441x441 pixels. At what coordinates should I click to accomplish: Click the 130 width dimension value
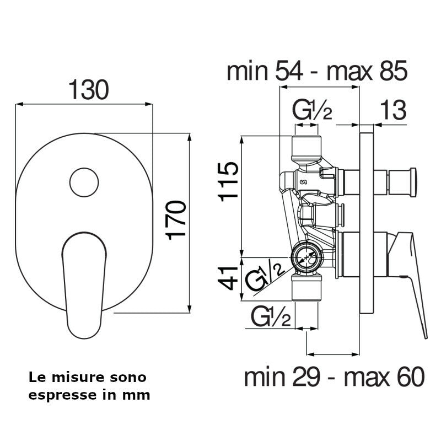[89, 90]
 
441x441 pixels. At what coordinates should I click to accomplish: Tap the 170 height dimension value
[176, 220]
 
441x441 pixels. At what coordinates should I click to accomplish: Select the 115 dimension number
[228, 182]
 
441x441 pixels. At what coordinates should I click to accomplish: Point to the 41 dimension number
[228, 278]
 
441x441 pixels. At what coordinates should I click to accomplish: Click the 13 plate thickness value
[393, 110]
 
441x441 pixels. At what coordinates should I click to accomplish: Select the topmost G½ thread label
[312, 110]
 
